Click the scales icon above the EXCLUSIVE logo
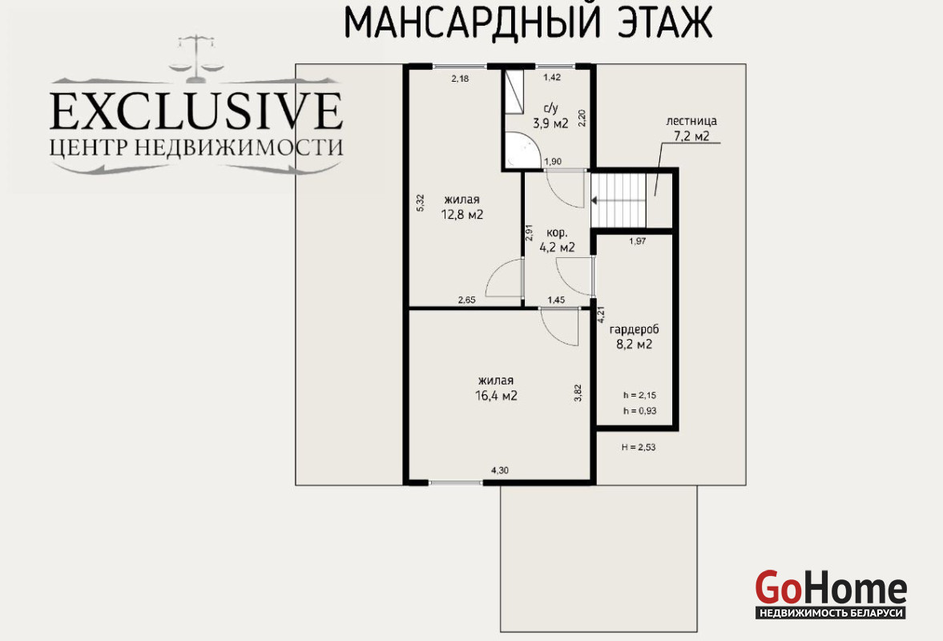(x=196, y=59)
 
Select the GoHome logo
(x=831, y=594)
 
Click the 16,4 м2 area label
(x=496, y=396)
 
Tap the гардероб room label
(x=635, y=329)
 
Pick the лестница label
(x=691, y=121)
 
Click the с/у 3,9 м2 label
(x=551, y=117)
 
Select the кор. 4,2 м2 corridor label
(x=558, y=240)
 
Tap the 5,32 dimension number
(x=421, y=203)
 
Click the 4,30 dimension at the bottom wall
(x=500, y=470)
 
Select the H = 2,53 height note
(x=639, y=447)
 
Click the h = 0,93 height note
(x=640, y=411)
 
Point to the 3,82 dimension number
(x=578, y=393)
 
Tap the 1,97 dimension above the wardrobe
(x=638, y=242)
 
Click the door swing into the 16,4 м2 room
(x=558, y=327)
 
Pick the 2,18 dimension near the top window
(x=460, y=79)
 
